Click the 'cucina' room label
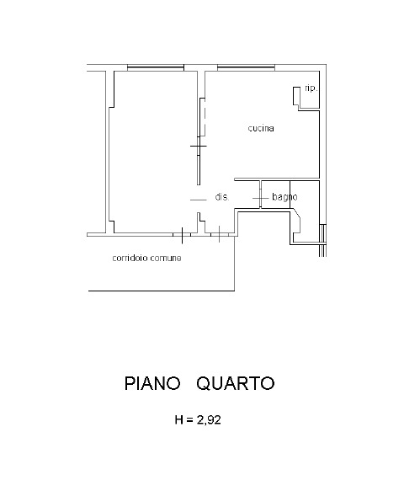[x=261, y=128]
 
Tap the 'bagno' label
[x=284, y=197]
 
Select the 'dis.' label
[x=222, y=196]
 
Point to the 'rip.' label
[x=311, y=88]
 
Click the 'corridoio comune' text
[x=146, y=258]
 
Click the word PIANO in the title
[x=152, y=383]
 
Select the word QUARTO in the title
[x=236, y=383]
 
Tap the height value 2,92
[x=209, y=419]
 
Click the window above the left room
[x=156, y=67]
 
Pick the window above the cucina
[x=246, y=67]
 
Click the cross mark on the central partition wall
[x=199, y=146]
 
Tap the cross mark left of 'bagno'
[x=260, y=198]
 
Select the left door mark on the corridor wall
[x=182, y=235]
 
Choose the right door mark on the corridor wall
[x=220, y=234]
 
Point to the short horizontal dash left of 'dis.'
[x=199, y=200]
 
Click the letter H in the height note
[x=179, y=419]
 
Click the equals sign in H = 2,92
[x=189, y=420]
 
